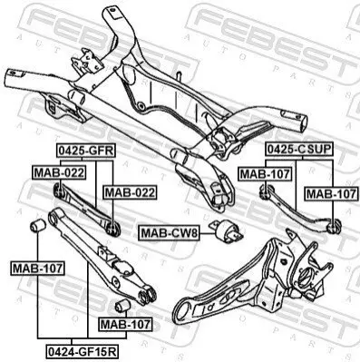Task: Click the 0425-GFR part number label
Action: point(86,151)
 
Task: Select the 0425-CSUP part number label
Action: point(299,149)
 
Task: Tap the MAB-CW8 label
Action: point(169,233)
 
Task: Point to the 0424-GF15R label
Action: point(82,351)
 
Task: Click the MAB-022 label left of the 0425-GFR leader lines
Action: point(59,173)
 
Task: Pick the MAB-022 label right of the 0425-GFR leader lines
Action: point(130,192)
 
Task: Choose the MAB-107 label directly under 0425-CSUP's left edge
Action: point(265,174)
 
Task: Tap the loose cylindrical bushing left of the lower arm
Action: point(38,226)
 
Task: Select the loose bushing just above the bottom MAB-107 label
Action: point(122,306)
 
